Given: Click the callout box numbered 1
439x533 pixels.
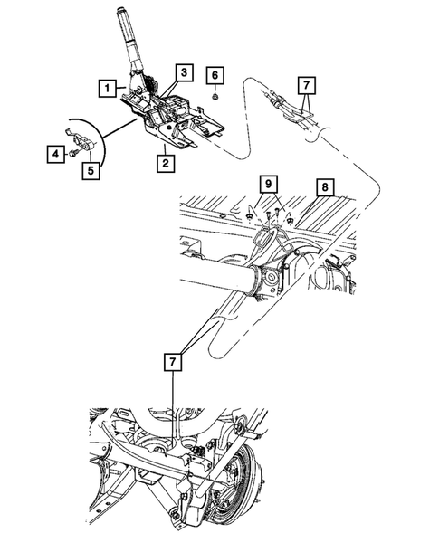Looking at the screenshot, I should [x=108, y=88].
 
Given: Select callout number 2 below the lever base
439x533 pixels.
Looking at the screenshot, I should [x=165, y=164].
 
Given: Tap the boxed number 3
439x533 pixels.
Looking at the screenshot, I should [x=183, y=72].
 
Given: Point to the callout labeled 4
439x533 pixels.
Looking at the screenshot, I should [x=56, y=157].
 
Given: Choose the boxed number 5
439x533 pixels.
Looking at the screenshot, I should [x=91, y=168].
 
